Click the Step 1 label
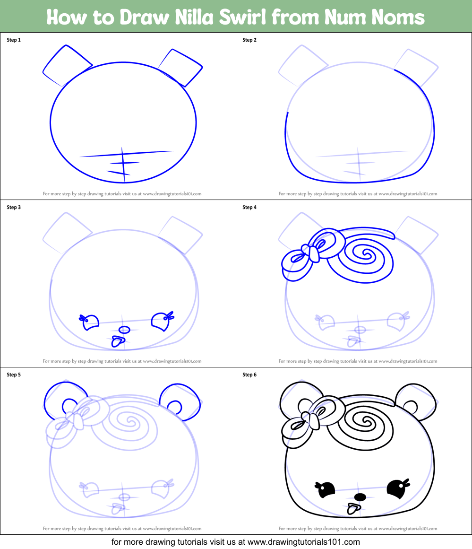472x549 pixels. pos(14,40)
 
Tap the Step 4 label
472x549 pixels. pos(249,208)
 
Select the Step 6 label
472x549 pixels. pos(249,375)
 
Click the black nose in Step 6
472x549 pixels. pos(360,497)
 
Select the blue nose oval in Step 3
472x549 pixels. pos(124,330)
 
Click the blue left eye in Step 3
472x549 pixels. pos(90,322)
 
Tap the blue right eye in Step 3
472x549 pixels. pos(160,321)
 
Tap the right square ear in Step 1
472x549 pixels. pos(181,67)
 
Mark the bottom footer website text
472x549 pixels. pos(236,542)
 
